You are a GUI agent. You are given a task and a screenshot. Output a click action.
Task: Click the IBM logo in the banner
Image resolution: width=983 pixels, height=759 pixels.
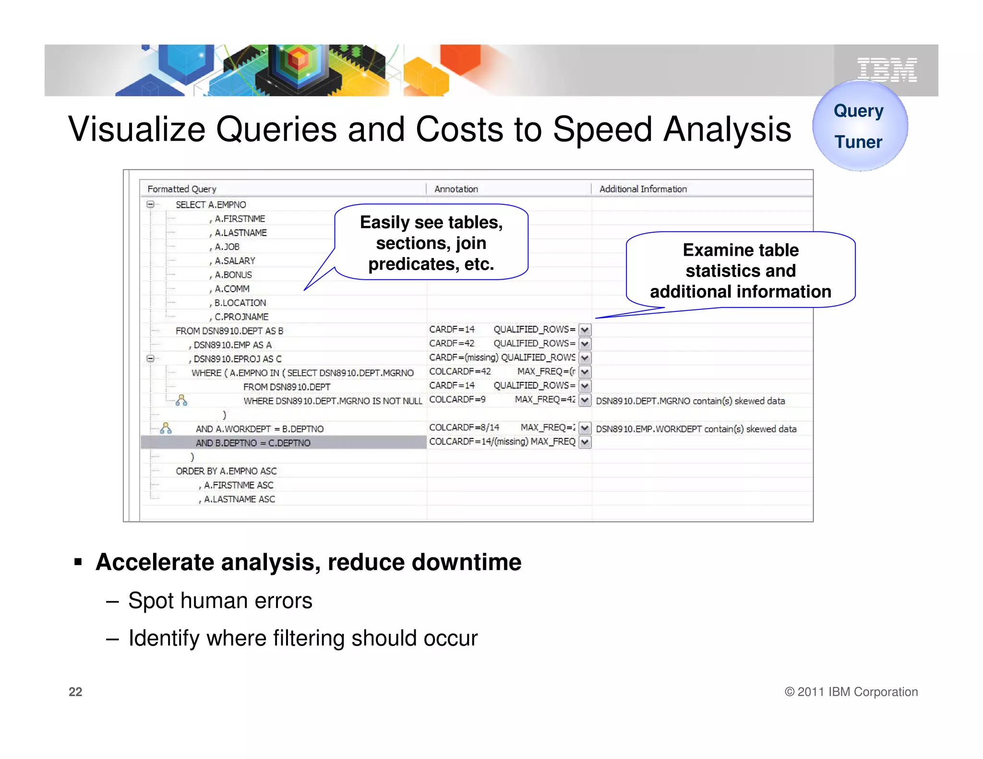[x=887, y=70]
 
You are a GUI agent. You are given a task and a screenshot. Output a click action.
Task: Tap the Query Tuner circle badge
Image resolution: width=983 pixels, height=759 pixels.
[x=860, y=126]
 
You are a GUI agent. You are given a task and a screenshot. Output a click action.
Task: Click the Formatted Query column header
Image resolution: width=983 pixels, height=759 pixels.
[x=182, y=189]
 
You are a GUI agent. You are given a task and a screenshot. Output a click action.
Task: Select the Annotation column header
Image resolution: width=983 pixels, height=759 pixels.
[x=456, y=189]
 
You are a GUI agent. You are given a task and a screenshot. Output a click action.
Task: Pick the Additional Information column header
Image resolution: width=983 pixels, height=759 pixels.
[x=643, y=189]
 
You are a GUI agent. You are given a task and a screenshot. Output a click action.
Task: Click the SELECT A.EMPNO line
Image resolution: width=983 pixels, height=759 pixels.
[x=211, y=205]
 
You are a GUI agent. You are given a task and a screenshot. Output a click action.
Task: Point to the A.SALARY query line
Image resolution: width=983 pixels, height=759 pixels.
[x=235, y=261]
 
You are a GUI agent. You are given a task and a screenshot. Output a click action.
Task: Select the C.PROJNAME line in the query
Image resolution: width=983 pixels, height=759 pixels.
[x=241, y=317]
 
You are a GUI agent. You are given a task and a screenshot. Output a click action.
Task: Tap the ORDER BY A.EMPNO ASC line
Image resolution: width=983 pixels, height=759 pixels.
[x=226, y=471]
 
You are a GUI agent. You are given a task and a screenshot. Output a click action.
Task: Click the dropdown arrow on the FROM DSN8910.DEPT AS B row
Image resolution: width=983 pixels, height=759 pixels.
[x=585, y=330]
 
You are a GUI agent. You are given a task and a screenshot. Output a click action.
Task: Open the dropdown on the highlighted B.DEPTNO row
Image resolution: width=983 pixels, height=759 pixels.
[x=585, y=442]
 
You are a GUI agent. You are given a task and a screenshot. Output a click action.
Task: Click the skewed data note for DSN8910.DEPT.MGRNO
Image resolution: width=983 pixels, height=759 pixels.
[x=690, y=401]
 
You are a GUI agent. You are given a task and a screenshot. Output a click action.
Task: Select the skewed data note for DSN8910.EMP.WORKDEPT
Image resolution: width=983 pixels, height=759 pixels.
[x=696, y=429]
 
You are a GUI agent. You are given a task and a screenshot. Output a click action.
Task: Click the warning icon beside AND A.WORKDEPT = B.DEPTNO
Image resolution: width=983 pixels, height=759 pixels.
[x=166, y=428]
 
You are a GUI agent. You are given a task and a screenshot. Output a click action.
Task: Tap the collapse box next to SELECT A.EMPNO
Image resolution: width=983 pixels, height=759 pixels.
[x=150, y=204]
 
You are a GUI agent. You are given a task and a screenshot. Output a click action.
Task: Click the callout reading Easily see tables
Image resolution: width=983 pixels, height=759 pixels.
[x=431, y=243]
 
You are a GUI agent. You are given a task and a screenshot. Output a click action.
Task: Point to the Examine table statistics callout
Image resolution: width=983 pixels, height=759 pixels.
[x=741, y=271]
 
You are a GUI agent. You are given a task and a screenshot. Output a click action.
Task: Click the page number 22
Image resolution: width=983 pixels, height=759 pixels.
[x=75, y=692]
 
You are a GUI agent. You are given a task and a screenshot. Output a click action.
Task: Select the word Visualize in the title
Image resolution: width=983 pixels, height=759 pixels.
[x=136, y=130]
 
